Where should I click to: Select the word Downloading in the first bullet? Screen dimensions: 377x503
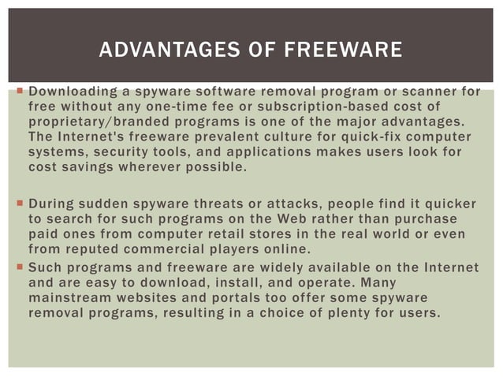[69, 92]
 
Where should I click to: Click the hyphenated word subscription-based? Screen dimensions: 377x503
[338, 106]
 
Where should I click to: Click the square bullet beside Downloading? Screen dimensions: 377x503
[17, 92]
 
